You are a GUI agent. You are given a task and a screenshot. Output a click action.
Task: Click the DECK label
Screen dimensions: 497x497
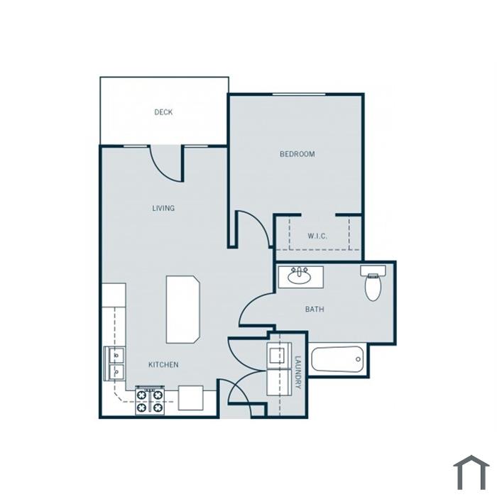point(163,112)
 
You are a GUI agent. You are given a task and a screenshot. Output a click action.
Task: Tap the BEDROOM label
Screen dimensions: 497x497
point(297,154)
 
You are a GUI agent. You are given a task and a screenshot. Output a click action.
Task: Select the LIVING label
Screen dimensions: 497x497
point(163,208)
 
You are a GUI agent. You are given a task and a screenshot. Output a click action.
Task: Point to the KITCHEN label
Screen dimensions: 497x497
point(163,365)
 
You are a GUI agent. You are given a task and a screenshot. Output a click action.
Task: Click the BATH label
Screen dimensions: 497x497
point(315,309)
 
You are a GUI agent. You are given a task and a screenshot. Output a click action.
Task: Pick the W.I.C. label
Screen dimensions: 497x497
point(317,236)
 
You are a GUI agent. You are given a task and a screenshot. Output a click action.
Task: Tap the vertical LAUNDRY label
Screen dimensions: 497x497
point(298,373)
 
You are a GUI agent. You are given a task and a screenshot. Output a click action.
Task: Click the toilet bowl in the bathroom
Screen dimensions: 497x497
point(373,288)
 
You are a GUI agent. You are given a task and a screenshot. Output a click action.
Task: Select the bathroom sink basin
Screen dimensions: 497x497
point(299,278)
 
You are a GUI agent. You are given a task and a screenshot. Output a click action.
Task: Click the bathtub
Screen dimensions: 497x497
point(337,359)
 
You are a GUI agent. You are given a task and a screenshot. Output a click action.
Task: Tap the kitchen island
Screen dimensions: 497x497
point(183,310)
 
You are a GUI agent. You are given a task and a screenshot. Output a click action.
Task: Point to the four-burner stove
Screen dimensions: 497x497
point(150,400)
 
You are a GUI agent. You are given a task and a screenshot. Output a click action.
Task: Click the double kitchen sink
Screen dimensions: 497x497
point(114,364)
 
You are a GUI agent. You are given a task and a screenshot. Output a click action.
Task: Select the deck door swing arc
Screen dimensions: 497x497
point(162,170)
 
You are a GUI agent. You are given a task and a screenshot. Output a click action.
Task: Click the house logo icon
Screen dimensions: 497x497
point(471,473)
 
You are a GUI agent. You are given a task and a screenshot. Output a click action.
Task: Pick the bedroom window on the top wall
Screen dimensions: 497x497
point(299,94)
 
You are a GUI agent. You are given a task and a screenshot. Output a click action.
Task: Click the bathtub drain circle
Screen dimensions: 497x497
point(358,359)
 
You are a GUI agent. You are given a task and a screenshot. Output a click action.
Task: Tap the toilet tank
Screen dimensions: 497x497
point(373,271)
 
